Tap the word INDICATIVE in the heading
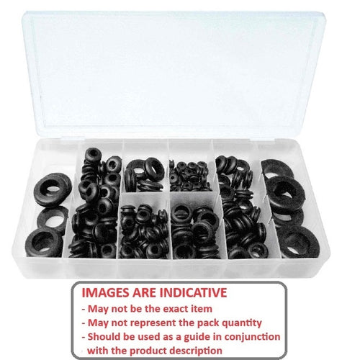192,292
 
